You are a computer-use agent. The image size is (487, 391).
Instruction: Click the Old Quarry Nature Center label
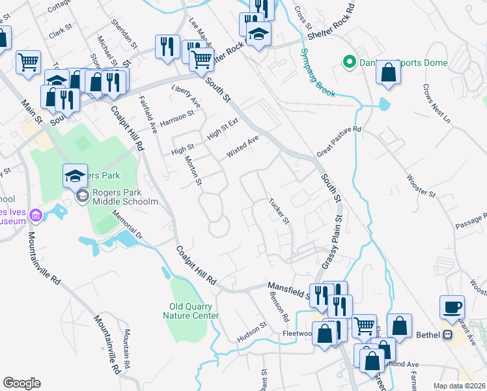point(190,311)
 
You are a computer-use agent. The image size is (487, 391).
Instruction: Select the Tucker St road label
point(279,210)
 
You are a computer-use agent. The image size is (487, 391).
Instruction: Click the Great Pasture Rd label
point(339,142)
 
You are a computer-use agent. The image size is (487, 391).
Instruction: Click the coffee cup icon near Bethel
point(452,306)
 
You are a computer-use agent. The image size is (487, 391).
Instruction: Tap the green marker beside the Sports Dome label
point(349,63)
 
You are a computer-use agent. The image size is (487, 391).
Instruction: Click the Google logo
point(21,383)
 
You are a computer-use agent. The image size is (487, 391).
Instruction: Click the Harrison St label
point(177,118)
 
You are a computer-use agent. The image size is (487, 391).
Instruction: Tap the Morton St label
point(193,170)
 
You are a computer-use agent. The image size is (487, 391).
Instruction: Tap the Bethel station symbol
point(447,335)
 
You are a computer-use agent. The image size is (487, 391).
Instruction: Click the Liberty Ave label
point(186,94)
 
